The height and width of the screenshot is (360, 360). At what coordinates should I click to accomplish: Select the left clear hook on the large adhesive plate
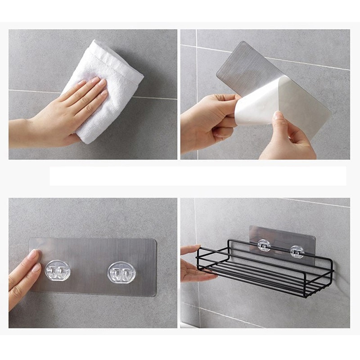pyautogui.click(x=58, y=271)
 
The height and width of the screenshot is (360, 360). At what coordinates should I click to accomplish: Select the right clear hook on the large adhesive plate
pyautogui.click(x=121, y=273)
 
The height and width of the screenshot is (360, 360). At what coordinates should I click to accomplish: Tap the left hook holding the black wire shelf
pyautogui.click(x=264, y=246)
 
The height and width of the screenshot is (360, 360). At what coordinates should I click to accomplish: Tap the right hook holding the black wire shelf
pyautogui.click(x=297, y=251)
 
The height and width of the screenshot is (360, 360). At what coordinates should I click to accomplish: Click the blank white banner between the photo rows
pyautogui.click(x=198, y=175)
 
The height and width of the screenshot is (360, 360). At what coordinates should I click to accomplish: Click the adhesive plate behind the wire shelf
pyautogui.click(x=281, y=236)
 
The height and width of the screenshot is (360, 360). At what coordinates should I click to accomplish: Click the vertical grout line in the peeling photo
pyautogui.click(x=196, y=67)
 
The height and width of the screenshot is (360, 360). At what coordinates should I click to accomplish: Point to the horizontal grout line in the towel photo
pyautogui.click(x=36, y=91)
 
